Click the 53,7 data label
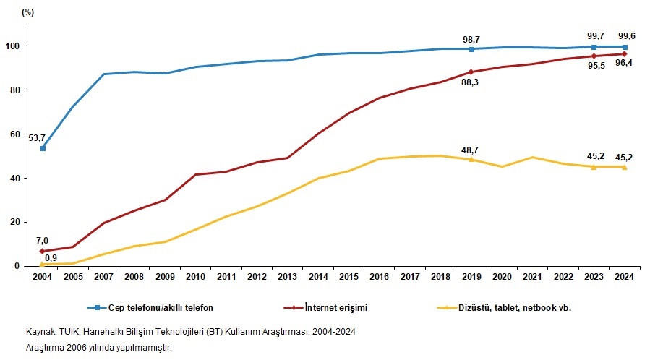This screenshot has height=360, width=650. coord(35,137)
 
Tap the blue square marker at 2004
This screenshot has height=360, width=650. coord(43,148)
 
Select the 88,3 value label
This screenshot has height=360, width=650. coord(471,82)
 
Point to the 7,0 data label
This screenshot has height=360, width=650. coord(41,240)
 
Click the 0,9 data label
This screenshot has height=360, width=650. coord(51,258)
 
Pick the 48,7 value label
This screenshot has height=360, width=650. coord(471,150)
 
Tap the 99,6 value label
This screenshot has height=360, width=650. coord(627,35)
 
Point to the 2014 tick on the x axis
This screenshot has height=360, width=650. coord(319,275)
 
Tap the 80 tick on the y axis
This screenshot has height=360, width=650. coord(14,90)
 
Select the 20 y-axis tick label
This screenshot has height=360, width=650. coord(14,223)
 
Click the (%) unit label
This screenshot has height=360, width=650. coord(27,12)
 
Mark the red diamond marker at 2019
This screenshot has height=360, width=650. coord(471,72)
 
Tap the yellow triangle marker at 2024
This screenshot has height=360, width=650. coord(625,166)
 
